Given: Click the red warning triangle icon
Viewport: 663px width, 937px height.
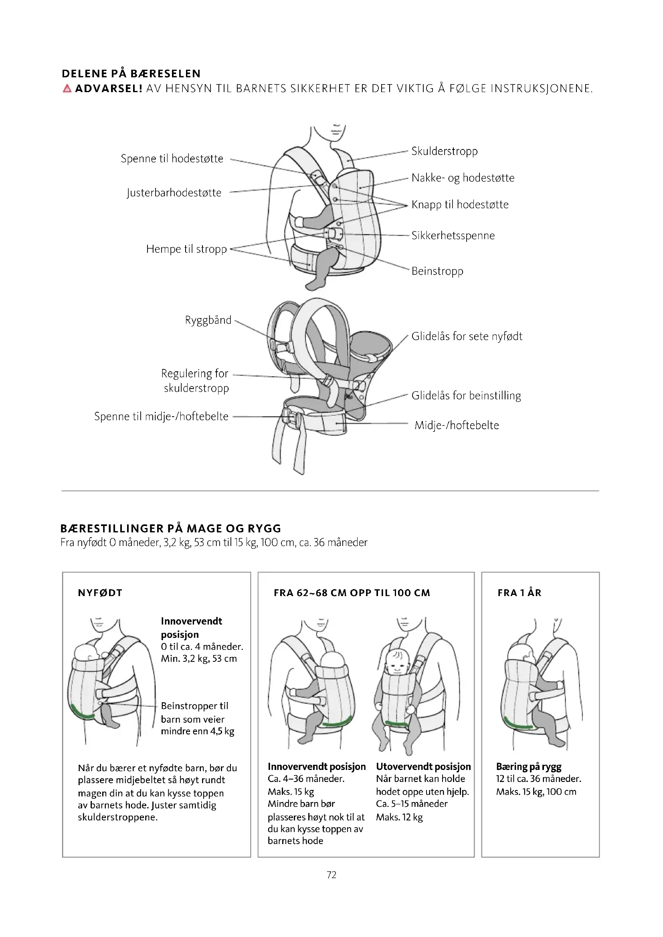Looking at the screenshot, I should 67,89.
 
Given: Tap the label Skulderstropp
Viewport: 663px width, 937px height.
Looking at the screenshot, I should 444,151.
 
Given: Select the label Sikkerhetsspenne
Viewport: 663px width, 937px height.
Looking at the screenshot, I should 453,236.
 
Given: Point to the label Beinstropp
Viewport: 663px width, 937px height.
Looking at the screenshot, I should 437,271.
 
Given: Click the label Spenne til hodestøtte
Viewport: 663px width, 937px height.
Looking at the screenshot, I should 172,158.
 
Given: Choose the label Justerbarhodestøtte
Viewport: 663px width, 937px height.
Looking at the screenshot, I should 174,193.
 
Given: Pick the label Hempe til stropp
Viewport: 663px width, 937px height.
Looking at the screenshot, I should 186,249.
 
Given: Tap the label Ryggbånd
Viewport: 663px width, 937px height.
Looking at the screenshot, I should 208,320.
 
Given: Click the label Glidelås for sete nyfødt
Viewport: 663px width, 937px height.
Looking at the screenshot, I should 467,336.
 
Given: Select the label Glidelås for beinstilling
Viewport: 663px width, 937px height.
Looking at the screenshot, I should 466,395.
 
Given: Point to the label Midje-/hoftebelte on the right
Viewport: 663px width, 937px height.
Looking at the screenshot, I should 457,425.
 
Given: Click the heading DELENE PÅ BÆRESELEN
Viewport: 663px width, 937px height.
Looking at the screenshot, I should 131,74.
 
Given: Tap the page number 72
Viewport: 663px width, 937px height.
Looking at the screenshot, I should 331,875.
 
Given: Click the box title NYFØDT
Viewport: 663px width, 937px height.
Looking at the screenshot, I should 100,593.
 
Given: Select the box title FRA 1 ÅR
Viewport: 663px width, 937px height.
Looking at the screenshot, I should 519,593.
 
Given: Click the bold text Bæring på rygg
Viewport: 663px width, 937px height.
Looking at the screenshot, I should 529,766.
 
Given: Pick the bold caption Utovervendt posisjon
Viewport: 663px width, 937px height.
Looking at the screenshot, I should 423,766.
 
